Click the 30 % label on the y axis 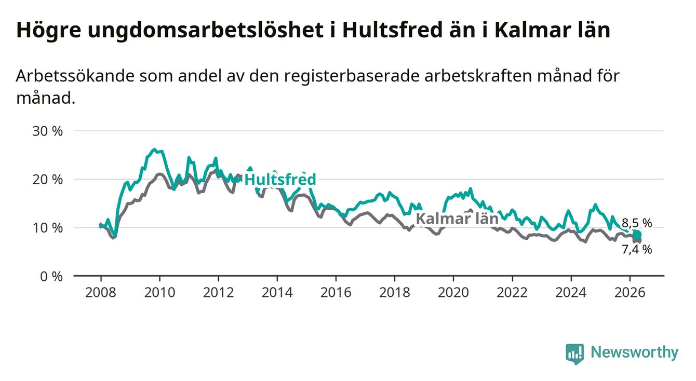47,131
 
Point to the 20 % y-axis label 47,180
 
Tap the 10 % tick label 47,228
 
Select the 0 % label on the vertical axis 51,276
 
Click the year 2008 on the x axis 101,293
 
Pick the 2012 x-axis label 218,293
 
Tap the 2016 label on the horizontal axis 336,293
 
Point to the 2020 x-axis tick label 453,293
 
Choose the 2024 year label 571,293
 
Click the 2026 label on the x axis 630,293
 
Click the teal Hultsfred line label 280,180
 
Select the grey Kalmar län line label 457,219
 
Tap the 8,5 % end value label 637,223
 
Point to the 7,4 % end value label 637,249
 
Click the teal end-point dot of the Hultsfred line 637,235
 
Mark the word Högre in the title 48,30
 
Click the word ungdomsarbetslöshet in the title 205,30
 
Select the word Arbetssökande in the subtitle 75,76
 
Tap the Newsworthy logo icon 575,354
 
